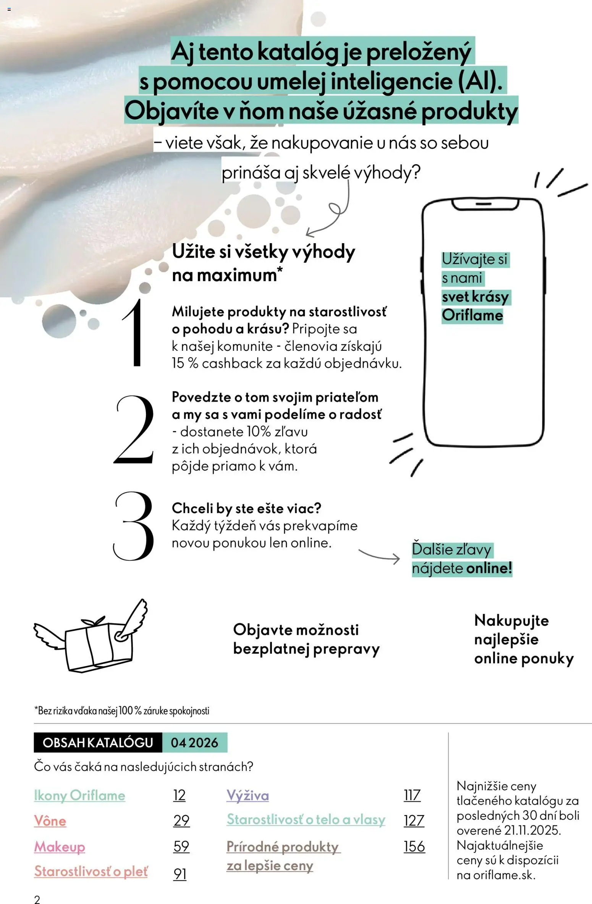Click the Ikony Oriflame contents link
79,796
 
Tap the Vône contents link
50,821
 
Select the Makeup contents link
60,846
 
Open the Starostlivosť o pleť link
91,871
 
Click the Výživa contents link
247,796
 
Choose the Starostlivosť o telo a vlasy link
306,819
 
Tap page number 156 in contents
414,846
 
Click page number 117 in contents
412,796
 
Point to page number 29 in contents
181,820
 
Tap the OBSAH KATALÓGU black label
98,743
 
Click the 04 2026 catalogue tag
194,743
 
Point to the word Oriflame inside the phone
472,315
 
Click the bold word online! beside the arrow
489,568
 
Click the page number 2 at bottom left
37,899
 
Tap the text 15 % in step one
185,363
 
